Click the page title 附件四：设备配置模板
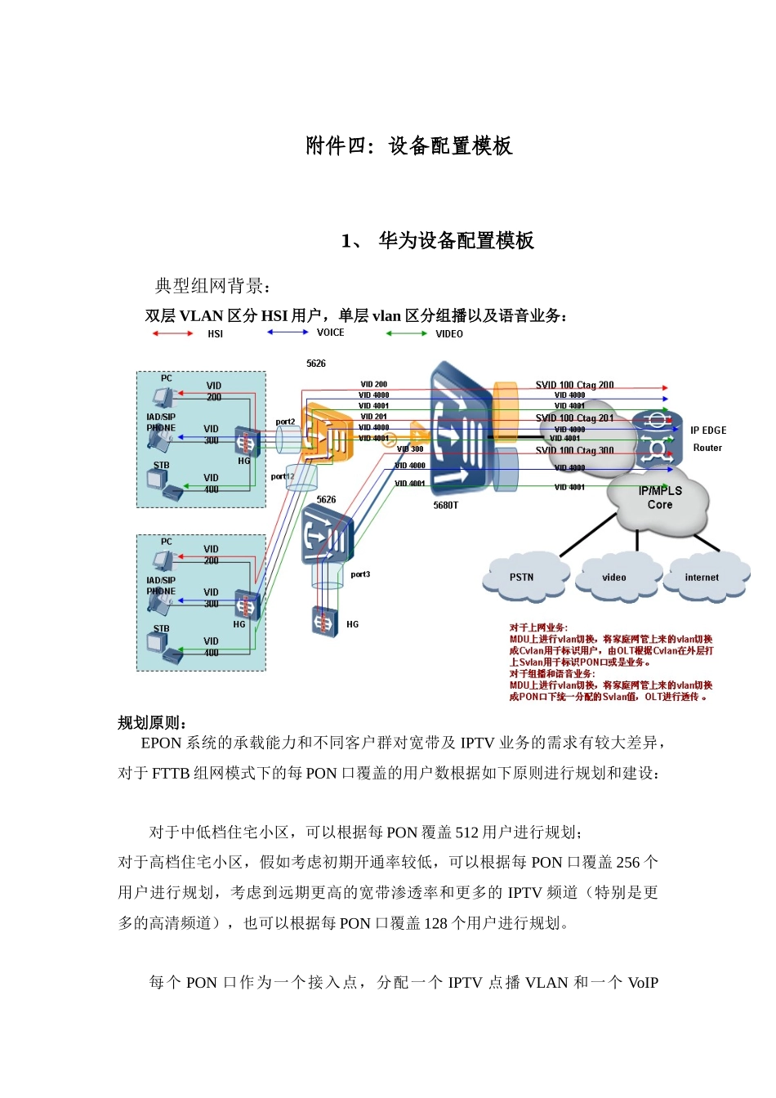pos(409,146)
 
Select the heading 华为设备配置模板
pos(456,241)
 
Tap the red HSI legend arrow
pos(172,333)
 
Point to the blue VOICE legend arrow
pos(288,333)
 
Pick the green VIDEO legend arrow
pos(406,333)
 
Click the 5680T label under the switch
pos(446,506)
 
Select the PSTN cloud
pos(522,577)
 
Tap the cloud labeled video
pos(613,578)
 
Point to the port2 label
pos(285,422)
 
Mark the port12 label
pos(282,476)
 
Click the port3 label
pos(360,574)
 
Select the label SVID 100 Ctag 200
pos(574,385)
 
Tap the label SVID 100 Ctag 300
pos(574,450)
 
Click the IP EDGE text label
pos(707,431)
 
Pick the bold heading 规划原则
pos(151,723)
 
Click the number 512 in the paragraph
pos(467,832)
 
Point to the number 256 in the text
pos(627,863)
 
